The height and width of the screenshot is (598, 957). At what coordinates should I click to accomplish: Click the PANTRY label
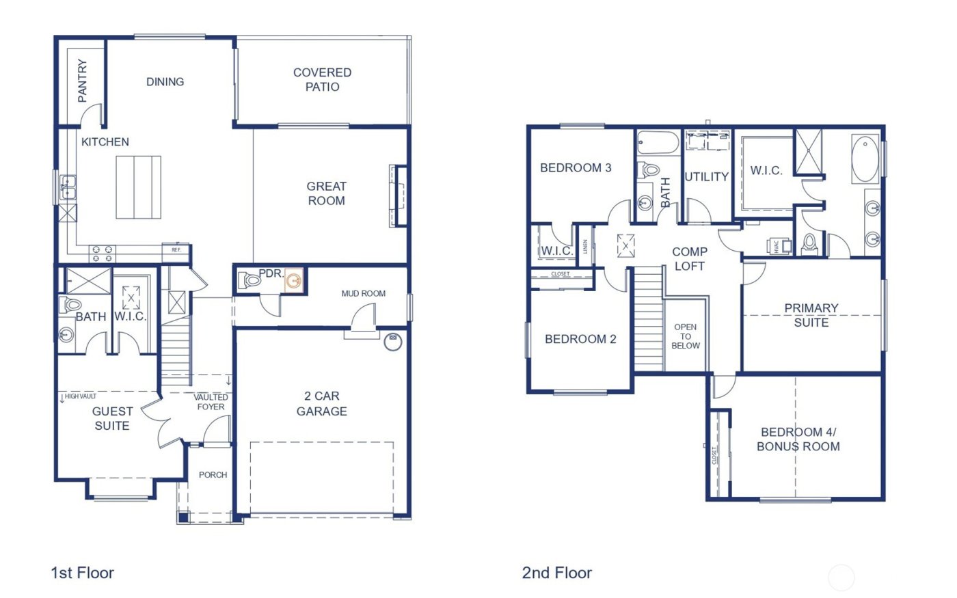pos(82,81)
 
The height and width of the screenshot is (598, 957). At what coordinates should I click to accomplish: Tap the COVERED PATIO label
pos(322,79)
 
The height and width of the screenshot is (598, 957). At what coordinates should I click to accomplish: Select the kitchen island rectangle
pos(138,187)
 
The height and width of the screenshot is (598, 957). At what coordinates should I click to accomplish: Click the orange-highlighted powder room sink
pos(294,280)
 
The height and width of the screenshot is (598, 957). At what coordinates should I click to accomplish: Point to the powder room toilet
pos(249,280)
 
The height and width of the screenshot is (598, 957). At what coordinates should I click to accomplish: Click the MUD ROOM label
pos(363,293)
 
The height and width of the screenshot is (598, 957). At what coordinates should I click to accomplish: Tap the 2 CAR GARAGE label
pos(321,403)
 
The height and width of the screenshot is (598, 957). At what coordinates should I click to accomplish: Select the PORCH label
pos(213,474)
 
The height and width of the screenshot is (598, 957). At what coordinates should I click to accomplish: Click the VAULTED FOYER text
pos(211,402)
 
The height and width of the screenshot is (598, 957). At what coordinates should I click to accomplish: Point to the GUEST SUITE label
pos(112,418)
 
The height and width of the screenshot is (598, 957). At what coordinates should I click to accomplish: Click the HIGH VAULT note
pos(80,396)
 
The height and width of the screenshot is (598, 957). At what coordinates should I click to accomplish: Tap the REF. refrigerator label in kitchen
pos(176,250)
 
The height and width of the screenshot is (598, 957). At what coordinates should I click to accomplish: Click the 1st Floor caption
pos(82,573)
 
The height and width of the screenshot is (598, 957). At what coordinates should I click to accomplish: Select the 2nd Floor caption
pos(556,573)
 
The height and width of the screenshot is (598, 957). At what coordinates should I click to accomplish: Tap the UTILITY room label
pos(706,176)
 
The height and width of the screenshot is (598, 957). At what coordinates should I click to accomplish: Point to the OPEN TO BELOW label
pos(685,336)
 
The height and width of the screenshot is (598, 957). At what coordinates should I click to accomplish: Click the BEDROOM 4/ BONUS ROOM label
pos(798,439)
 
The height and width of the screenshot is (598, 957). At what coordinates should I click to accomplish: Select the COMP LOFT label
pos(689,259)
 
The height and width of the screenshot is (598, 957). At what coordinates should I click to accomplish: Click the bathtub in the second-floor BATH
pos(658,144)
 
